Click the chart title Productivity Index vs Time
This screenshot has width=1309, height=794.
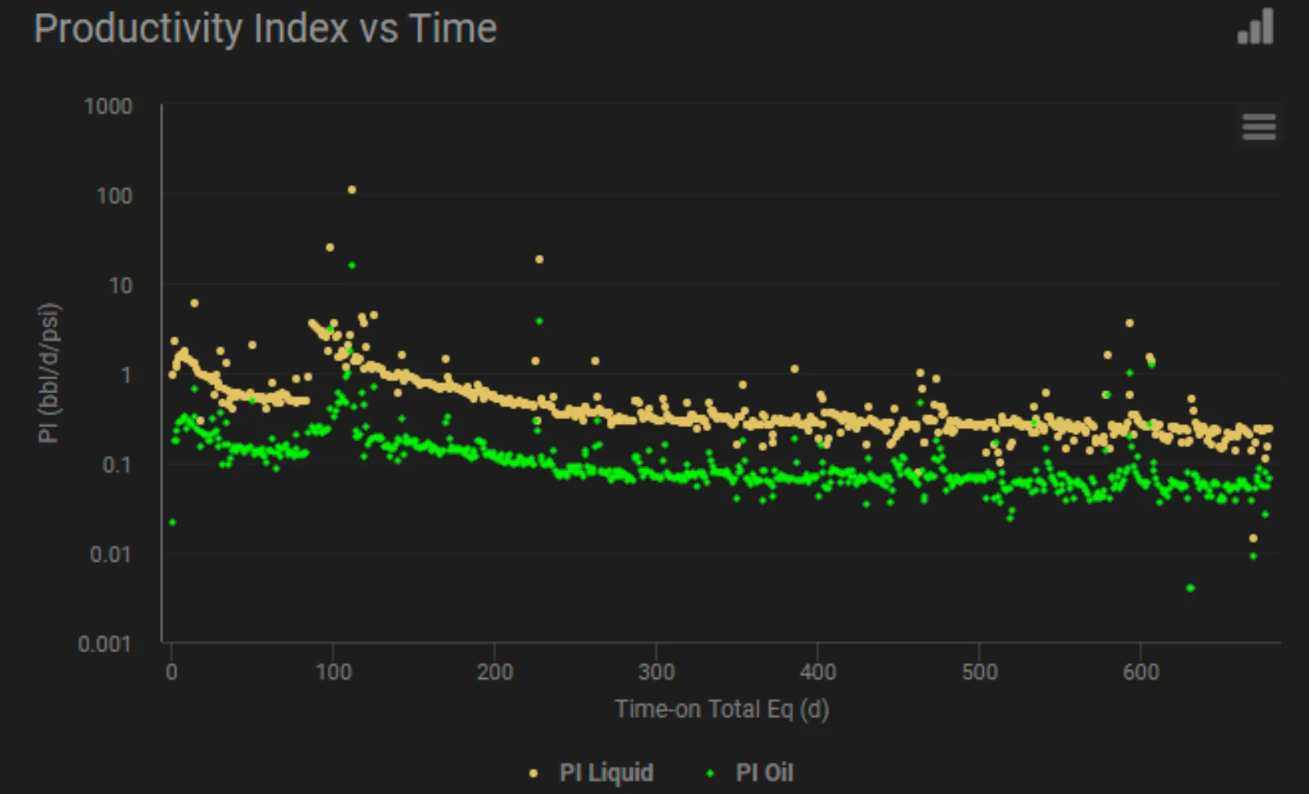click(x=266, y=29)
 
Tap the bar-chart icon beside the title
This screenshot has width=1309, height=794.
click(x=1255, y=27)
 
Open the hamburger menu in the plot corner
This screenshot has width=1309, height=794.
click(x=1259, y=127)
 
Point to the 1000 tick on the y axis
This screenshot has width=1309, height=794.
click(x=109, y=106)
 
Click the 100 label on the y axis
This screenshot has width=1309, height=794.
click(x=114, y=195)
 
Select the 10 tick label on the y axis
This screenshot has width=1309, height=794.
click(x=121, y=286)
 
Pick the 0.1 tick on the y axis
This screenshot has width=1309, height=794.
click(x=117, y=465)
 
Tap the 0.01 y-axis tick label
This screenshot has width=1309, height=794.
click(x=111, y=554)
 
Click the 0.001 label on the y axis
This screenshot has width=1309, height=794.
click(x=105, y=644)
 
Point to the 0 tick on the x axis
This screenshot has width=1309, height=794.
click(x=171, y=672)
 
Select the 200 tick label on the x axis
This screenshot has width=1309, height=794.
click(x=495, y=672)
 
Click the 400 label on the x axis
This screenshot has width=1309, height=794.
click(x=818, y=672)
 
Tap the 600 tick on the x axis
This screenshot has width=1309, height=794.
click(x=1141, y=672)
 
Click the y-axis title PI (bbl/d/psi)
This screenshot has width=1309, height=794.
click(x=49, y=373)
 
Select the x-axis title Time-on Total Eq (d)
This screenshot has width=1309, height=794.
click(x=722, y=710)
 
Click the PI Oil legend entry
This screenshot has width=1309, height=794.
click(x=751, y=772)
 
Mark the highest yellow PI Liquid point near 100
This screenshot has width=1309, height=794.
click(x=352, y=190)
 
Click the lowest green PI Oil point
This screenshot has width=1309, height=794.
click(x=1191, y=588)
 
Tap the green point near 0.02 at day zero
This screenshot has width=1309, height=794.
click(x=172, y=522)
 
